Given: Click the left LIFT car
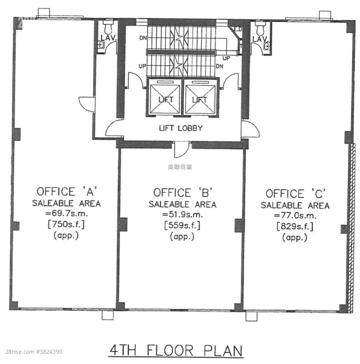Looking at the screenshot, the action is (x=165, y=98).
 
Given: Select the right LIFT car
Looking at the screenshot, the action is (x=200, y=98).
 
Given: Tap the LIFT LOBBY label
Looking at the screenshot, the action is (x=181, y=128).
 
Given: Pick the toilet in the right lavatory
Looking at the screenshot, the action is (x=260, y=27).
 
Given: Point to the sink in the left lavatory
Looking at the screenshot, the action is (x=101, y=44).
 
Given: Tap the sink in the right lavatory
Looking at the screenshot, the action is (x=267, y=47).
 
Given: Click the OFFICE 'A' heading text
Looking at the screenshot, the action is (x=66, y=191).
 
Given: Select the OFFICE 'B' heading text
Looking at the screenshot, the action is (x=183, y=193).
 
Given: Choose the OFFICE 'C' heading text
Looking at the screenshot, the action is (x=296, y=194).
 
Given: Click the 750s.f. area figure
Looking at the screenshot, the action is (x=66, y=224).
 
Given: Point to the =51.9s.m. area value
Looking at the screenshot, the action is (x=183, y=214).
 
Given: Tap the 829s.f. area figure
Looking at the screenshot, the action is (x=295, y=226).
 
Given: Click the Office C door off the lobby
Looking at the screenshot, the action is (x=250, y=129).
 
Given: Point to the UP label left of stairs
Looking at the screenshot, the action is (x=142, y=66).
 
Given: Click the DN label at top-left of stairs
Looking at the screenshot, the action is (x=143, y=37).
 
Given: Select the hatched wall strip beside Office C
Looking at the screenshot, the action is (x=351, y=228).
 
